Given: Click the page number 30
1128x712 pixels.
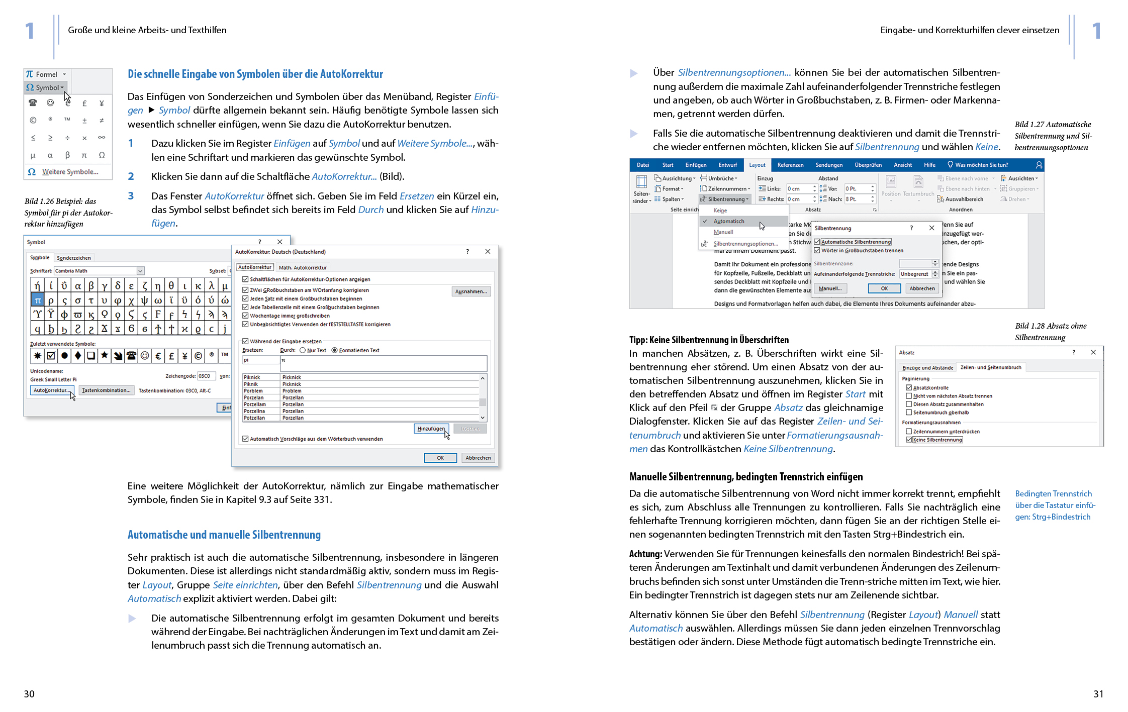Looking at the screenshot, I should coord(29,694).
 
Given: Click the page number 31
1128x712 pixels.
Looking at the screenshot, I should coord(1098,694).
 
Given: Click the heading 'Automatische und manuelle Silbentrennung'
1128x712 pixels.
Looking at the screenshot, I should coord(224,535).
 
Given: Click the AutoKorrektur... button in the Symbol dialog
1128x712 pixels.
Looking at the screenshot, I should coord(52,390).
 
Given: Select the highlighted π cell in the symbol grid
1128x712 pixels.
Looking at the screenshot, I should coord(37,300).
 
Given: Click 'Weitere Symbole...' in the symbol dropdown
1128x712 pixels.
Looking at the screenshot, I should coord(69,172).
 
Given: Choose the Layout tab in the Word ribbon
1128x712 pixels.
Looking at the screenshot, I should coord(757,165).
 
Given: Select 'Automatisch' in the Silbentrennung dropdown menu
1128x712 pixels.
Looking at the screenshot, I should coord(729,221).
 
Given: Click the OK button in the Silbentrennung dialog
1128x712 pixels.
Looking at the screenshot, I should coord(884,288).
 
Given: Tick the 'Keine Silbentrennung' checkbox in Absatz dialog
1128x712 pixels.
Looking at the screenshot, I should coord(909,440).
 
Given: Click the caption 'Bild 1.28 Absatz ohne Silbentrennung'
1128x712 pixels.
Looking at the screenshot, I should coord(1050,332).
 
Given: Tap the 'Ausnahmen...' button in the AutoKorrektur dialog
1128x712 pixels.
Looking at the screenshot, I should coord(471,291).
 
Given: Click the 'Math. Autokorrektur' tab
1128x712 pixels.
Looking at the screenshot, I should coord(303,267).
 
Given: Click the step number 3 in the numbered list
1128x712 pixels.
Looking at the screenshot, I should coord(131,196).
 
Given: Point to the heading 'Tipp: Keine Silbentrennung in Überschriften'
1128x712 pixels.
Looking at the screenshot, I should coord(709,340).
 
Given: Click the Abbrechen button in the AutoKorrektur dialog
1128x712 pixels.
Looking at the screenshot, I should coord(478,458).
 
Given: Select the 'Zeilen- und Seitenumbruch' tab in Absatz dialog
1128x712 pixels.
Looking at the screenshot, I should coord(990,367).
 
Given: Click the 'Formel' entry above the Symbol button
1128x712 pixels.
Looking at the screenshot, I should coord(46,74).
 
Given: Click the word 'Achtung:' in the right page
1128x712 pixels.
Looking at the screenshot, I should coord(645,554).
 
